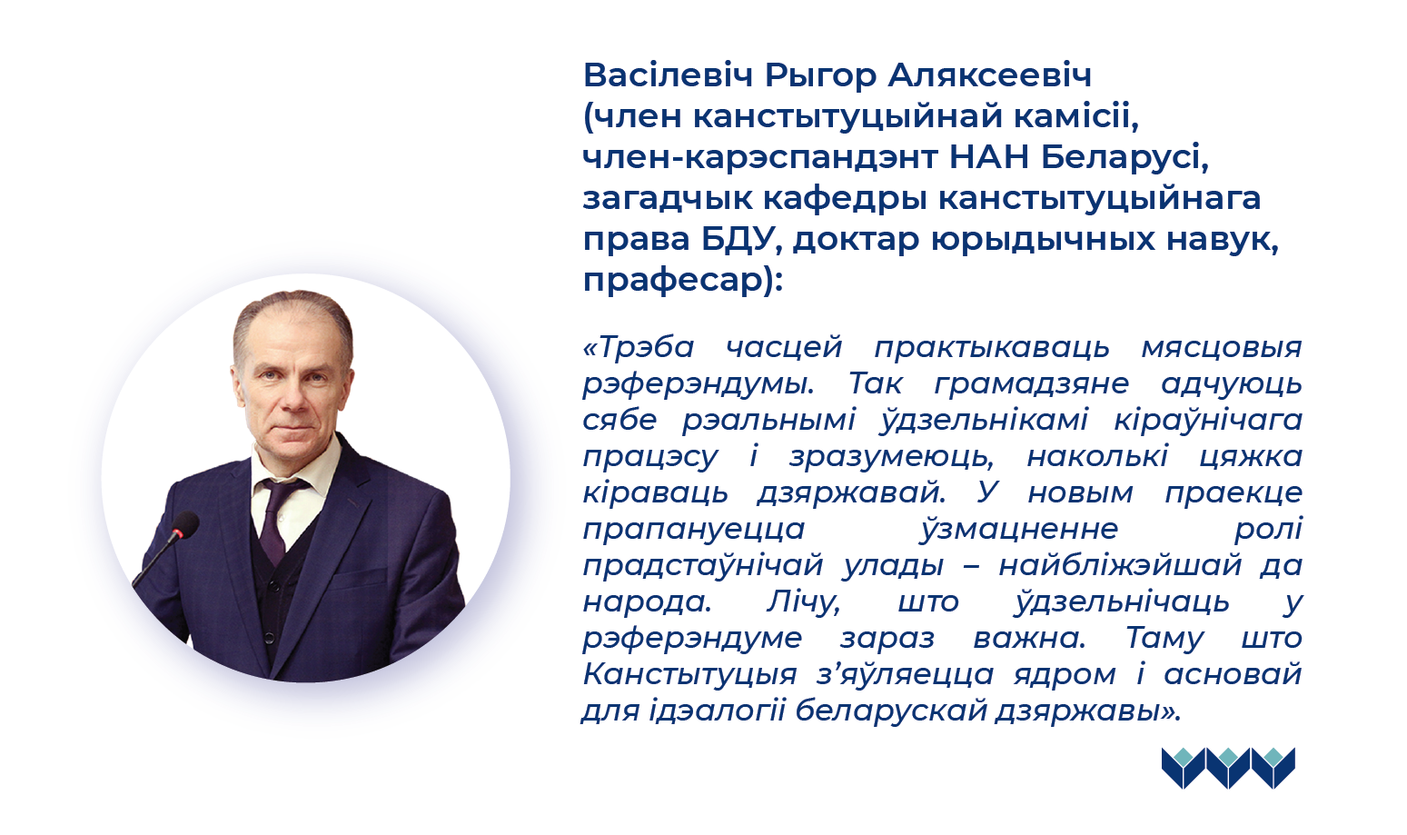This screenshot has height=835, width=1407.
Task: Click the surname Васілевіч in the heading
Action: click(667, 75)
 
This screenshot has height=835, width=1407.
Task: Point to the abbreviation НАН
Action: click(988, 157)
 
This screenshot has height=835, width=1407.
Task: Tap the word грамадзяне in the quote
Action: click(1031, 384)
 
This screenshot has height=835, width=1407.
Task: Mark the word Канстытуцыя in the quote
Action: click(689, 675)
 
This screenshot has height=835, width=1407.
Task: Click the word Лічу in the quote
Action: click(803, 602)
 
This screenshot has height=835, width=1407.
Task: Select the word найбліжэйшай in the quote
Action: click(1120, 566)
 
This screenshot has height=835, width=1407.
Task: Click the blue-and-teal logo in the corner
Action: click(1228, 767)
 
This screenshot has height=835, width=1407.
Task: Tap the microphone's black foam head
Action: click(185, 524)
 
